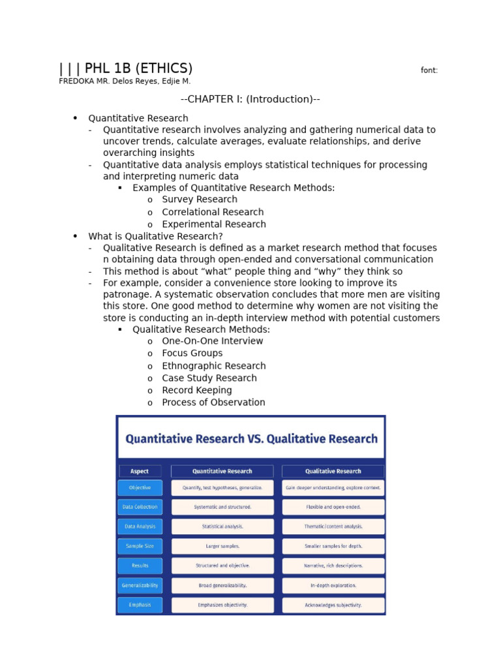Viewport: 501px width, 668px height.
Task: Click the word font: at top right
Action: point(429,70)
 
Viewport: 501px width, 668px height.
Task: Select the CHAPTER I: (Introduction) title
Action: point(250,99)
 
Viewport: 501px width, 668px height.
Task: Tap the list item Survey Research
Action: point(200,200)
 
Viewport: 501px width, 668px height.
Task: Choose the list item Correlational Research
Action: point(213,212)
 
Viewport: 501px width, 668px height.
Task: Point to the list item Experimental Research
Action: point(214,224)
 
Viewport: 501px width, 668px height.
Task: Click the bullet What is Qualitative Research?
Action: point(155,236)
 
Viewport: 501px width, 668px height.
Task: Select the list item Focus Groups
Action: point(192,354)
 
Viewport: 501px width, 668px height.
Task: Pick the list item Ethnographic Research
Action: point(214,366)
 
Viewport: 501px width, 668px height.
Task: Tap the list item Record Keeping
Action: point(197,390)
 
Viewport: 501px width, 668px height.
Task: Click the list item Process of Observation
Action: point(213,402)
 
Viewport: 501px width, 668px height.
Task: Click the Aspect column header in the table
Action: point(140,471)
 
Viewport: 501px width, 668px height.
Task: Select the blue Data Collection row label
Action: point(140,507)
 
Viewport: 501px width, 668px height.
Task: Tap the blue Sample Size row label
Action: point(140,546)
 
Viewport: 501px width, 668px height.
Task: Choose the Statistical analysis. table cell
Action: point(222,526)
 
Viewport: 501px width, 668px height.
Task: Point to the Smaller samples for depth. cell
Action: point(333,546)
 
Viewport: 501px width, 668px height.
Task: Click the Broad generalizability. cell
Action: point(222,586)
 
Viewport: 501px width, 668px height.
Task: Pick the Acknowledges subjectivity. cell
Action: point(333,605)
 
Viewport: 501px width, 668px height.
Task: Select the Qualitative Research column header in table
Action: point(333,471)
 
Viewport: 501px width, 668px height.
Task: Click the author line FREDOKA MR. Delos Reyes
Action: point(125,82)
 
